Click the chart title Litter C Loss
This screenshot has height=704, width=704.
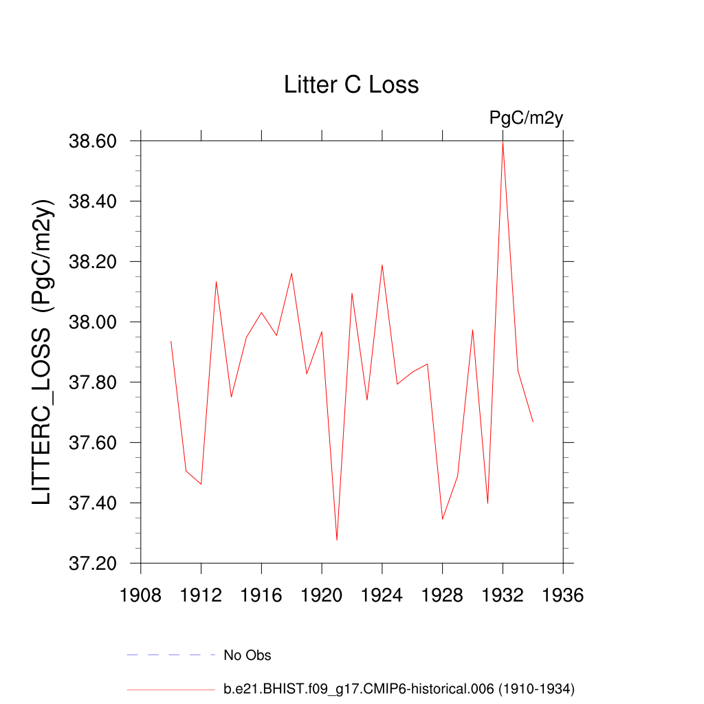pos(351,85)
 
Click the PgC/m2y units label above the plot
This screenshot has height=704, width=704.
pos(526,118)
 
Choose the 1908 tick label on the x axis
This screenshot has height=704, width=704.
pos(141,595)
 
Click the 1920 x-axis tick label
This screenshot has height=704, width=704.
pos(322,595)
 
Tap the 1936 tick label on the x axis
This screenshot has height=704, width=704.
pos(563,595)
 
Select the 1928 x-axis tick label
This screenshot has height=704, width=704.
pos(443,595)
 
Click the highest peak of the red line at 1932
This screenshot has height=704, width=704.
pos(503,142)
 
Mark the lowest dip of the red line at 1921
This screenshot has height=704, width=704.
pos(337,540)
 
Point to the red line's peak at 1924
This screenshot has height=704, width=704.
pos(382,265)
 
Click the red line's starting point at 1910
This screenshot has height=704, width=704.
pos(170,341)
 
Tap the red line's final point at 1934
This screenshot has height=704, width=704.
pos(533,421)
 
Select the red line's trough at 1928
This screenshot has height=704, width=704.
pos(443,519)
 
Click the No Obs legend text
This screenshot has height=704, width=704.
pos(247,655)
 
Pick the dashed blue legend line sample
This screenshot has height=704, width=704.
pos(171,655)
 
